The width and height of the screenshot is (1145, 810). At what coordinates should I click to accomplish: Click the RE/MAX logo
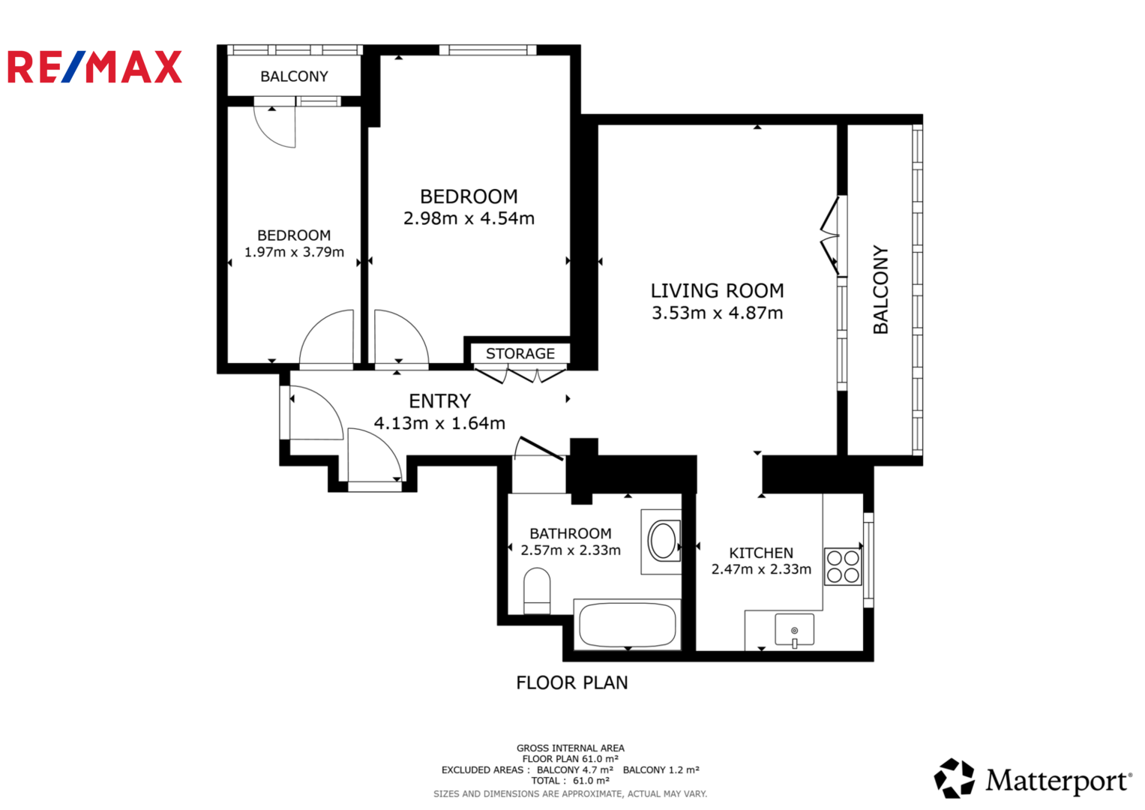point(94,67)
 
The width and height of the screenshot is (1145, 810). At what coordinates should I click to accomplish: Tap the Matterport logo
point(1033,778)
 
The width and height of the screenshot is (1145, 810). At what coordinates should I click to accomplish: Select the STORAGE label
point(520,353)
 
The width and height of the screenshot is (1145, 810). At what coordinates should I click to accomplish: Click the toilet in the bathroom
point(537,591)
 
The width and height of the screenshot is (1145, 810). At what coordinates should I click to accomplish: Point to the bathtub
point(628,625)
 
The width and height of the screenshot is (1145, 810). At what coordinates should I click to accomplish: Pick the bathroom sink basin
point(663,540)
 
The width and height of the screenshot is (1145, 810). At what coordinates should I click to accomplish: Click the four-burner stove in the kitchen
point(842,566)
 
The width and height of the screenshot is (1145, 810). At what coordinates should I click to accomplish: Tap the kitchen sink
point(794,630)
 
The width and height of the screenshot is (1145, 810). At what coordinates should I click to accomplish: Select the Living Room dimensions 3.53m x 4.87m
point(717,313)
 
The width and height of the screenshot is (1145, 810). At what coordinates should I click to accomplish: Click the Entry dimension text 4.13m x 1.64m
point(439,423)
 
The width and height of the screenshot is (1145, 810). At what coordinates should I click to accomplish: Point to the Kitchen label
point(761,553)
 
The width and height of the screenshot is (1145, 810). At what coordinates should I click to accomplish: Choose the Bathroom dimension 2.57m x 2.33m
point(571,550)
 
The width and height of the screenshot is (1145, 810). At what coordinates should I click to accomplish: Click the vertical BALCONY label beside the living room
point(881,289)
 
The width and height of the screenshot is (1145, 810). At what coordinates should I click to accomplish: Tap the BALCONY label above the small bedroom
point(294,76)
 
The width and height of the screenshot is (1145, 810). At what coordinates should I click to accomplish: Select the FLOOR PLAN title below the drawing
point(572,682)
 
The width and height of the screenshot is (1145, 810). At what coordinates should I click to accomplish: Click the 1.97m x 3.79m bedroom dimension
point(294,251)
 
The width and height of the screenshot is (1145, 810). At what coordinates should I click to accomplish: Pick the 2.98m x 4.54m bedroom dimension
point(469,218)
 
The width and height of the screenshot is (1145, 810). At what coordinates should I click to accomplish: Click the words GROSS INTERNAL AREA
point(571,748)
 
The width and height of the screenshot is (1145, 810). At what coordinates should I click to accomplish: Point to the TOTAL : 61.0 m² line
point(571,781)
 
